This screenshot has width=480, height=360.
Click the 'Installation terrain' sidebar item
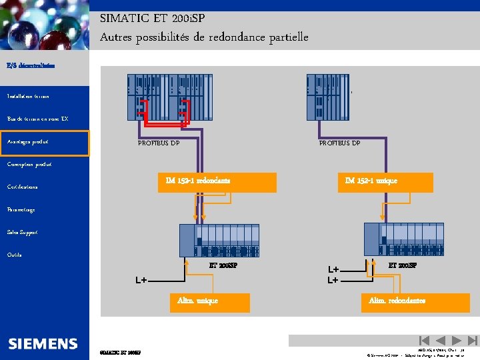coord(27,97)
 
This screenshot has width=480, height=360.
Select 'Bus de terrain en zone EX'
coord(37,119)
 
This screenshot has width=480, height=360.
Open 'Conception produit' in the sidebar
coord(29,165)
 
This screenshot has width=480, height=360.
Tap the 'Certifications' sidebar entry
coord(23,187)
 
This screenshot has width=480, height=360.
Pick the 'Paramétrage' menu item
coord(21,210)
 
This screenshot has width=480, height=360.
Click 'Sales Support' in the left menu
coord(22,233)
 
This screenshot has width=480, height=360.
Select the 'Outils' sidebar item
coord(14,255)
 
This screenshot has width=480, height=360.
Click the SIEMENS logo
coord(43,344)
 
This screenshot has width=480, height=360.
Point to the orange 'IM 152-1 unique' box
coord(385,182)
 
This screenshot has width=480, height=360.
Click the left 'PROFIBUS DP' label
coord(159,143)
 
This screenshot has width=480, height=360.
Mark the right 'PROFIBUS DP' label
coord(339,143)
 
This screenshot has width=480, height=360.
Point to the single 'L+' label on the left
coord(141,281)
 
